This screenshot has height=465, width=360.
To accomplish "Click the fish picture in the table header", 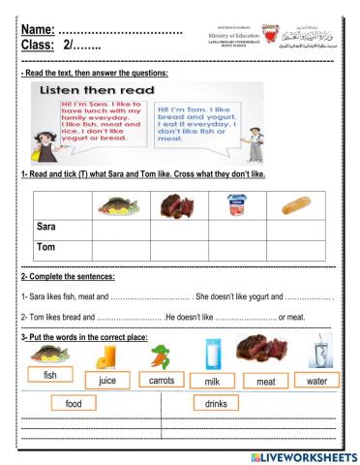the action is point(118,205).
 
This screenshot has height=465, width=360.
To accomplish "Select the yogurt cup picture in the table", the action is point(233,204).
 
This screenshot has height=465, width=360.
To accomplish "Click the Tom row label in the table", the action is point(46,248).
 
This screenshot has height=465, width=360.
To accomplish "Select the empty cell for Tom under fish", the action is point(118,248).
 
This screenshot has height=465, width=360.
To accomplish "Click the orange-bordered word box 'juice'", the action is point(107,381).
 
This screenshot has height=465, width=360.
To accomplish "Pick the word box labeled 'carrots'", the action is point(162,381).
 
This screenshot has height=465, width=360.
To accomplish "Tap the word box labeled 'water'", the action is point(316,381).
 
